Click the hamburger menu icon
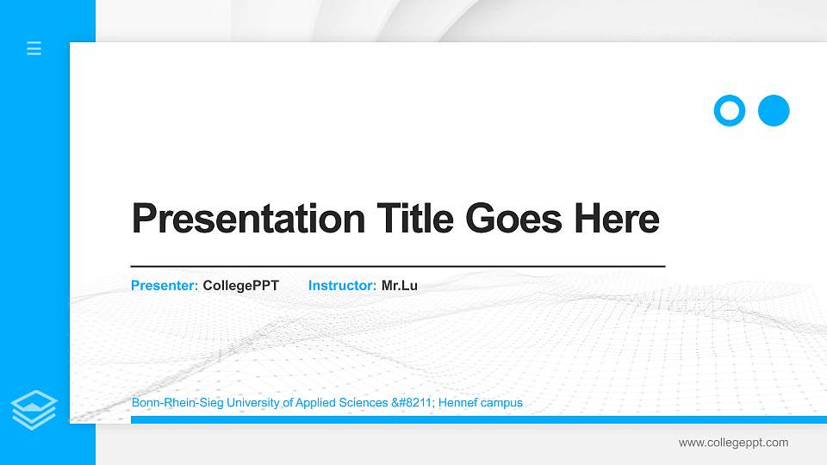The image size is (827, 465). coord(34,48)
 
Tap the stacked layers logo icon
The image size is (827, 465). coord(34,409)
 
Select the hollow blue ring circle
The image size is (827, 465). coord(729,110)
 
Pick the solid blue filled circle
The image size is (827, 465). coord(774,110)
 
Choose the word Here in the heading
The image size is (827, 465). coord(617,219)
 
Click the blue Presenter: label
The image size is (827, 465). coord(165,285)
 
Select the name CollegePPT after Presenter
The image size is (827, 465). coord(240,285)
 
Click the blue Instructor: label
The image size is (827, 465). coord(342,285)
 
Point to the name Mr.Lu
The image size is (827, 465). coord(400,285)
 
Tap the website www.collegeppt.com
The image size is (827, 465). coord(733,443)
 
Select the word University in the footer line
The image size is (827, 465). coord(246,402)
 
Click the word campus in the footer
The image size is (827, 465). coord(503,402)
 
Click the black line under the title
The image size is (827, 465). coord(397,266)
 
